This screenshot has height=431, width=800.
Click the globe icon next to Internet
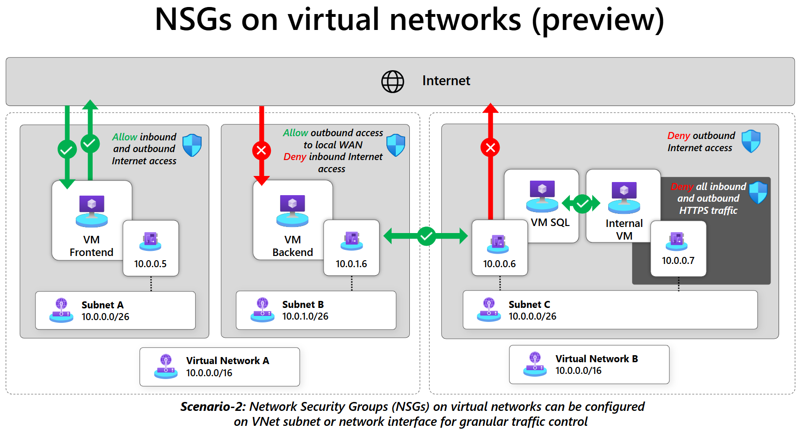click(393, 82)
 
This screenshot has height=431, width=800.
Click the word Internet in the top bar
click(446, 81)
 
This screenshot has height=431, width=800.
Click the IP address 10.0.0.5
click(150, 264)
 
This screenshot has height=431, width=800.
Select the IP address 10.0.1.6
click(351, 264)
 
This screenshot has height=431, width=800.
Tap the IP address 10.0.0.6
click(499, 264)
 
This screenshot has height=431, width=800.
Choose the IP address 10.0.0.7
click(678, 261)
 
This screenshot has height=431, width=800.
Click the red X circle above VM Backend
click(262, 150)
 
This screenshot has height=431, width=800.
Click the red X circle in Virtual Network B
click(490, 148)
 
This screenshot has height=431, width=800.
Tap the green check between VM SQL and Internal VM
click(582, 204)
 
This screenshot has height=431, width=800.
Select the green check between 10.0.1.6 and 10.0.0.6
click(426, 236)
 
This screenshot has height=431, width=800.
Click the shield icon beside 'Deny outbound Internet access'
click(751, 141)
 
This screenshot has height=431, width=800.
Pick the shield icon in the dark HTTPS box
click(758, 192)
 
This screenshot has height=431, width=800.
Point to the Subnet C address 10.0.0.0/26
click(532, 316)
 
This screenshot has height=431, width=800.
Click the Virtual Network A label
click(227, 361)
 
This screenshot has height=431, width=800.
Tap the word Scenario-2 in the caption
click(213, 407)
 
